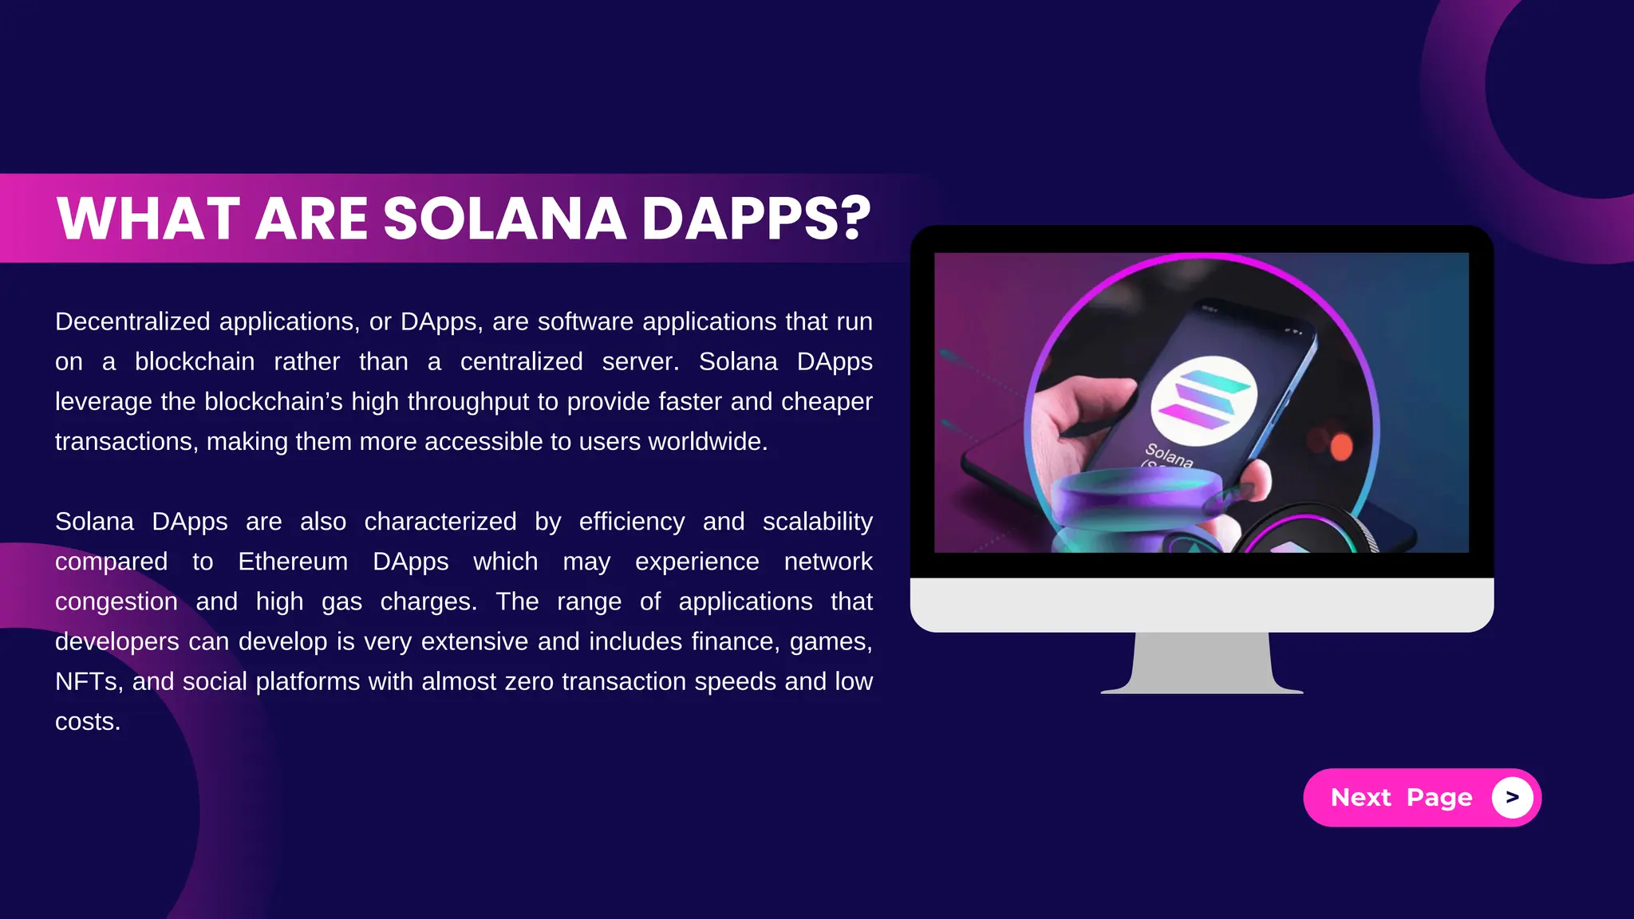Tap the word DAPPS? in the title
click(x=756, y=219)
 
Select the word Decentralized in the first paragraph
click(x=132, y=321)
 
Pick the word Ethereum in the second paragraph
click(x=293, y=562)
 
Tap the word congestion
click(x=116, y=601)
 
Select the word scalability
click(x=817, y=522)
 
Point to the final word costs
click(x=87, y=721)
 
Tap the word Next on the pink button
click(x=1360, y=797)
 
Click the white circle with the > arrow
click(x=1512, y=797)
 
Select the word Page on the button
click(x=1439, y=798)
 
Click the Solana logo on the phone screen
click(x=1203, y=396)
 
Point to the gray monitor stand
click(x=1202, y=662)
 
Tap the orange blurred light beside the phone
click(x=1341, y=447)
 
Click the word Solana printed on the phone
click(x=1169, y=454)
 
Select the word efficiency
click(x=631, y=522)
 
